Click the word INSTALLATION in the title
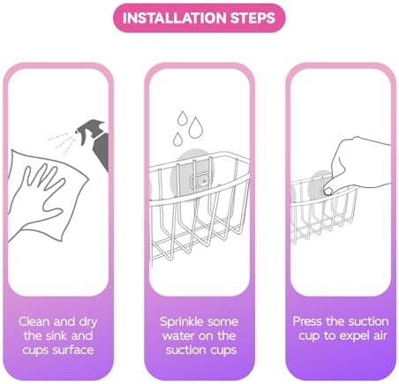click(x=175, y=18)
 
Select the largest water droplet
click(x=195, y=128)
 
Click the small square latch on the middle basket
click(x=200, y=181)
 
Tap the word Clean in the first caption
click(x=34, y=321)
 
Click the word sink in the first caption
click(x=56, y=335)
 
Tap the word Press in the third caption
click(x=307, y=321)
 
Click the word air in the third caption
click(x=380, y=335)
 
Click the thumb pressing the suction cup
click(x=328, y=192)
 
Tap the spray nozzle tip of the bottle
click(x=77, y=131)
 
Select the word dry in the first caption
click(x=88, y=322)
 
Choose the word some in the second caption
click(x=223, y=322)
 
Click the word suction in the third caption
click(x=367, y=321)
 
